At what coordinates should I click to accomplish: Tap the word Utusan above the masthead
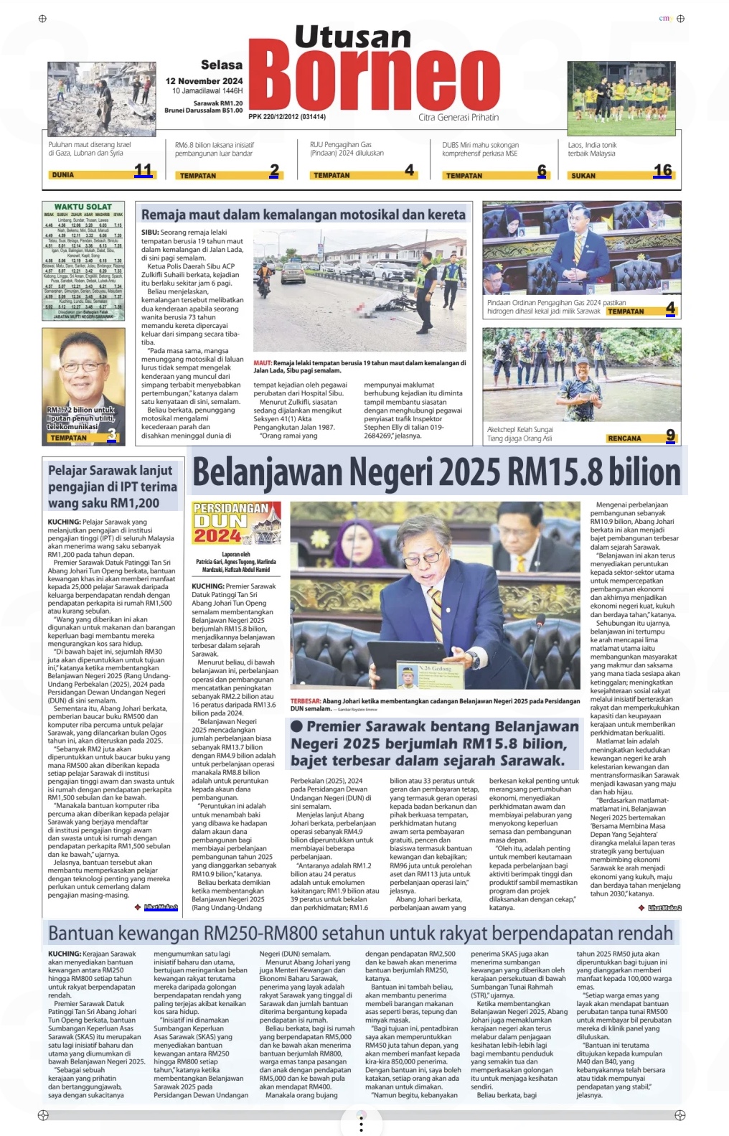tap(352, 36)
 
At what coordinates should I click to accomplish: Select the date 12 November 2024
tap(204, 81)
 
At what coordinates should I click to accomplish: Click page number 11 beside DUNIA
tap(144, 171)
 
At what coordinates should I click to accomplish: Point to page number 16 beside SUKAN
tap(662, 171)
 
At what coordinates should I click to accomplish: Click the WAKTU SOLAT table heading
tap(83, 207)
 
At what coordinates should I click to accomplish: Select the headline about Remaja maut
tap(303, 215)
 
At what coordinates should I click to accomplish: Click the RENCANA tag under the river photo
tap(624, 438)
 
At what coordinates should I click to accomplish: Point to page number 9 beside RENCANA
tap(670, 435)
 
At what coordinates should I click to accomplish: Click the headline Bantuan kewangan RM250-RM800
tap(360, 933)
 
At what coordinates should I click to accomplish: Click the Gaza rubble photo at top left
tap(100, 99)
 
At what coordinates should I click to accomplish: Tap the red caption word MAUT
tap(262, 363)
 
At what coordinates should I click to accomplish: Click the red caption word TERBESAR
tap(305, 701)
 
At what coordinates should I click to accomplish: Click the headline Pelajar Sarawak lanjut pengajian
tap(112, 486)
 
